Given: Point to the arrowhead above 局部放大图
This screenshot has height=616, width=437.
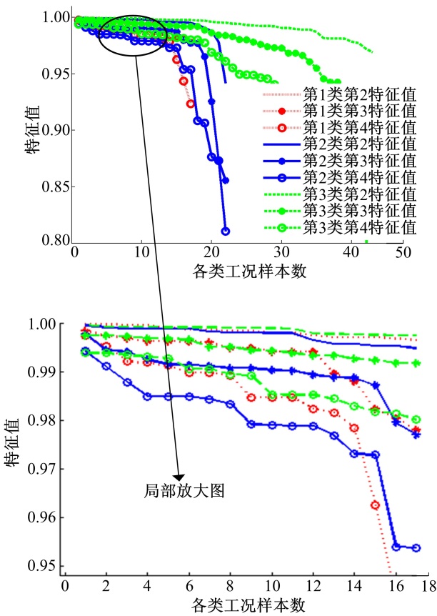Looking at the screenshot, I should pyautogui.click(x=179, y=477).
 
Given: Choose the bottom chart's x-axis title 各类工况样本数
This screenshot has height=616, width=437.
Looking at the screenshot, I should pyautogui.click(x=248, y=605).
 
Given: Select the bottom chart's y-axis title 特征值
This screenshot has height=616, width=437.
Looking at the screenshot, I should pyautogui.click(x=16, y=446).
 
